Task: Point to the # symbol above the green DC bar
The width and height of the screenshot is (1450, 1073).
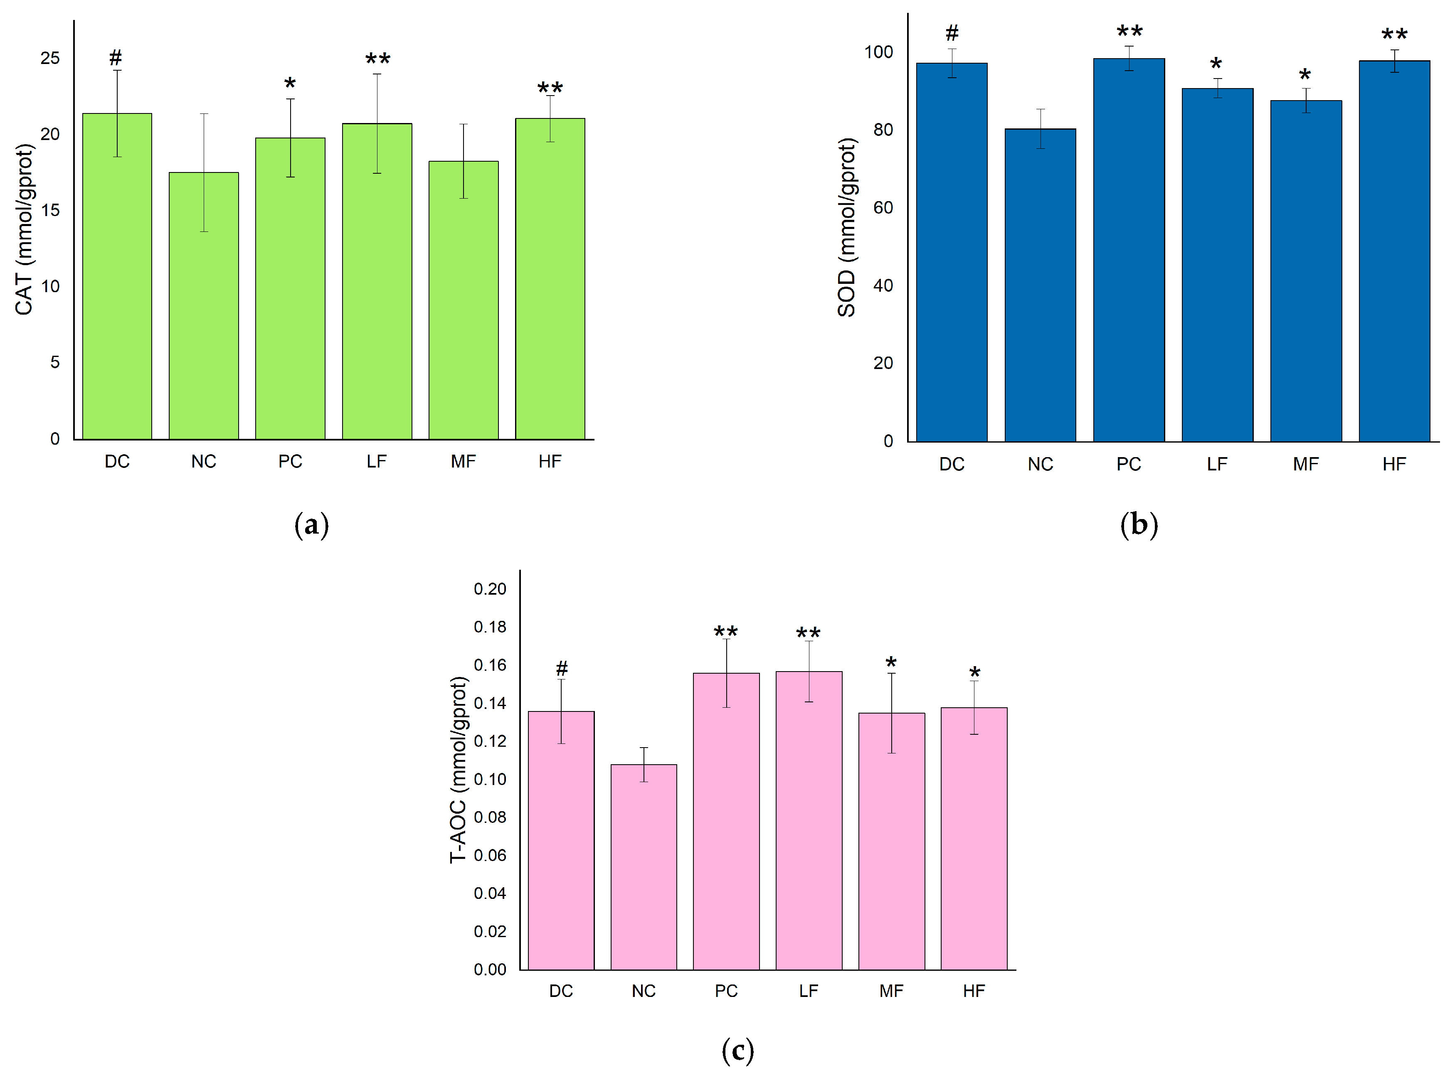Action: [116, 58]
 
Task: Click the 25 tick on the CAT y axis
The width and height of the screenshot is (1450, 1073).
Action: [50, 59]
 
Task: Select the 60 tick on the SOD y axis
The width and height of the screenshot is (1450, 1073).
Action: [883, 208]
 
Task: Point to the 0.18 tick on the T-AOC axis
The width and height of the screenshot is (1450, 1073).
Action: [489, 627]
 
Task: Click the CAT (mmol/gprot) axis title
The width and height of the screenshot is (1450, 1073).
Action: [24, 230]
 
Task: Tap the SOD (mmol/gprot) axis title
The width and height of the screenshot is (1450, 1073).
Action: [846, 227]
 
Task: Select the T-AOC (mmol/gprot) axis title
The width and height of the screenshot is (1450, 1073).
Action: [459, 770]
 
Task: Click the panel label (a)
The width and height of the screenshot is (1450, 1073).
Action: [311, 524]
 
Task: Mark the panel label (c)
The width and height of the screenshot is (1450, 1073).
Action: [737, 1050]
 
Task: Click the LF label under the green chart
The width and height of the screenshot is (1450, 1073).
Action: [376, 462]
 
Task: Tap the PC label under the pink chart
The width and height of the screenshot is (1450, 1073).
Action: [726, 991]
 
